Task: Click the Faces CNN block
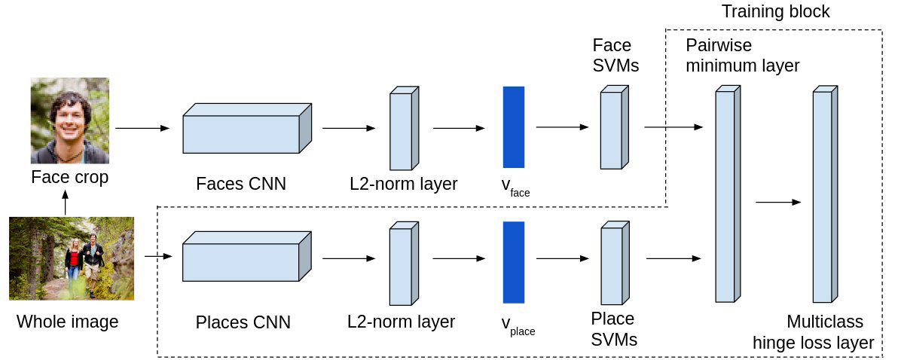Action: pos(247,128)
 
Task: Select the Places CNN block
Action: pos(247,256)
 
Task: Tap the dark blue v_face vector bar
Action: pos(514,127)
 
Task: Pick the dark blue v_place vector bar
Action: pos(514,262)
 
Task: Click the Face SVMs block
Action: pos(615,127)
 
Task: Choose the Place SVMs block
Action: pos(615,263)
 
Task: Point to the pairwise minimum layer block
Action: pos(728,194)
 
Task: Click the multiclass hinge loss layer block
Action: pos(825,194)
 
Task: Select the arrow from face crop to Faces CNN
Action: pos(142,128)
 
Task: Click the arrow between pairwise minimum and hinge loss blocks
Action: pos(777,202)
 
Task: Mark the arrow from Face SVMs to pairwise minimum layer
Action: pos(673,127)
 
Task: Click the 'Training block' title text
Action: pos(775,11)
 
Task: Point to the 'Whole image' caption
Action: pos(67,322)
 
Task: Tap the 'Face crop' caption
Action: pos(70,177)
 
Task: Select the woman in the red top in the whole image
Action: pos(73,264)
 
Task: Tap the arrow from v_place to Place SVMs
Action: pos(563,258)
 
